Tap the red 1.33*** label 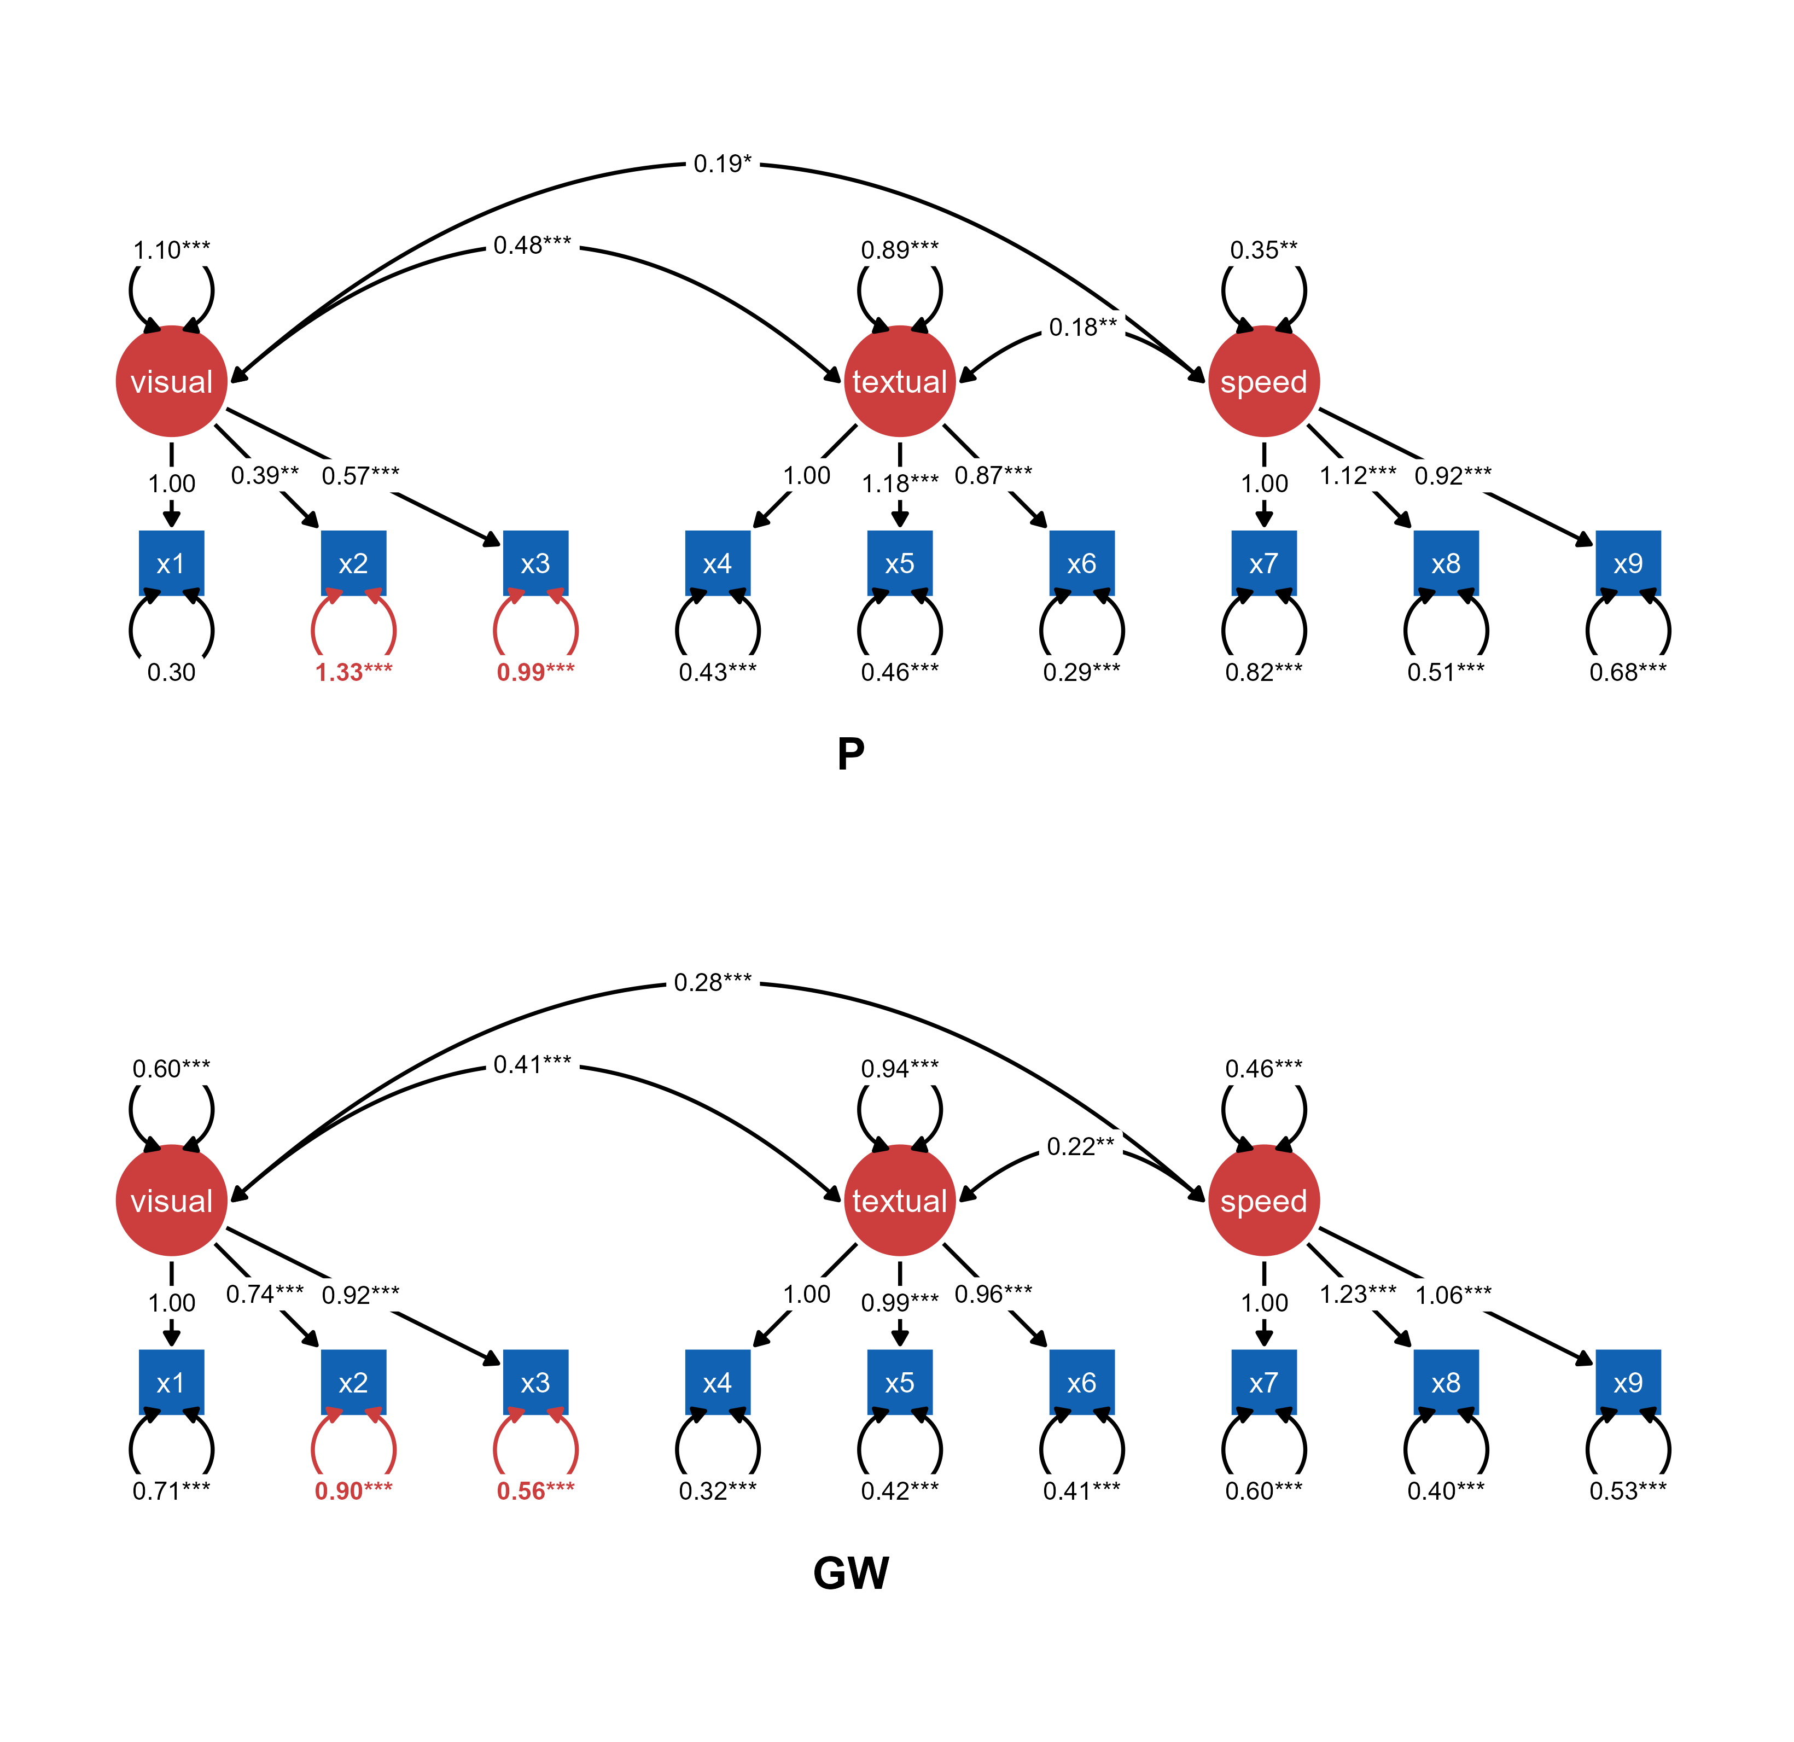[353, 672]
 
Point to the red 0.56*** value [535, 1491]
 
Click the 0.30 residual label [171, 672]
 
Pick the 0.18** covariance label [1083, 327]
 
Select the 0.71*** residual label [171, 1491]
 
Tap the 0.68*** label [1627, 672]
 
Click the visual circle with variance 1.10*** [171, 381]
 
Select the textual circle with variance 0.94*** [900, 1200]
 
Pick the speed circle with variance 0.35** [1264, 381]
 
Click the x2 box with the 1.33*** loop [353, 563]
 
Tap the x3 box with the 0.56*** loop [535, 1382]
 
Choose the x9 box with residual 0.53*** [1627, 1382]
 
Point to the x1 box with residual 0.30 [171, 563]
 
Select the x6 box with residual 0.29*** [1082, 563]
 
